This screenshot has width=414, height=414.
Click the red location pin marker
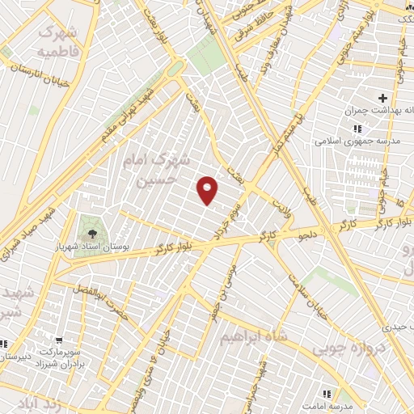[x=208, y=190]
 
